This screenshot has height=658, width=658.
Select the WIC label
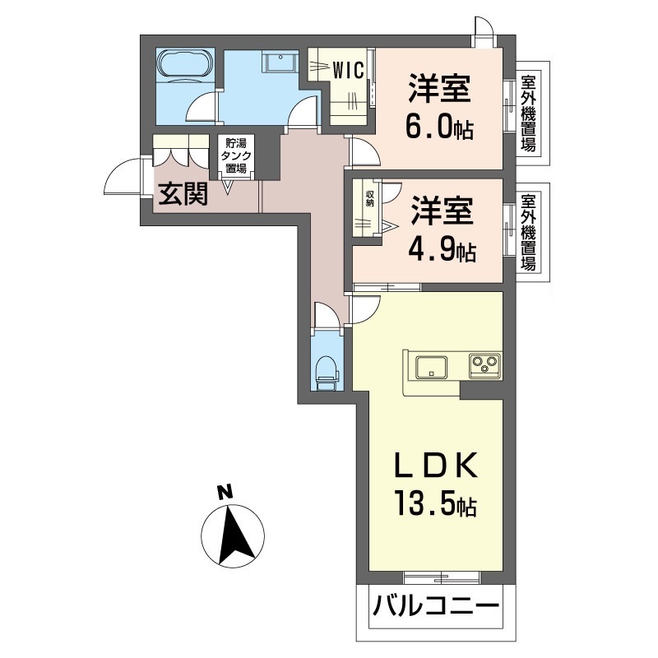[x=348, y=70]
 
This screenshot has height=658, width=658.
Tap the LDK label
[x=436, y=465]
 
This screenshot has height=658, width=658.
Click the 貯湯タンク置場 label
[x=236, y=155]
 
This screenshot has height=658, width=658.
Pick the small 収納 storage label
[x=370, y=198]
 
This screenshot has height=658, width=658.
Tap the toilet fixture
[x=327, y=373]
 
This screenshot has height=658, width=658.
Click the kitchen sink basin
[x=431, y=367]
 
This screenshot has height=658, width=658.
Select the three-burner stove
[x=484, y=365]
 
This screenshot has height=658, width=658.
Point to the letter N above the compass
[x=225, y=491]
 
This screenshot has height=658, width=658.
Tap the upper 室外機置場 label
[x=528, y=114]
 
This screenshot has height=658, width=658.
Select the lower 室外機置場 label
[x=528, y=232]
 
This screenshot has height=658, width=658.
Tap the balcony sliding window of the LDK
[x=442, y=577]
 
